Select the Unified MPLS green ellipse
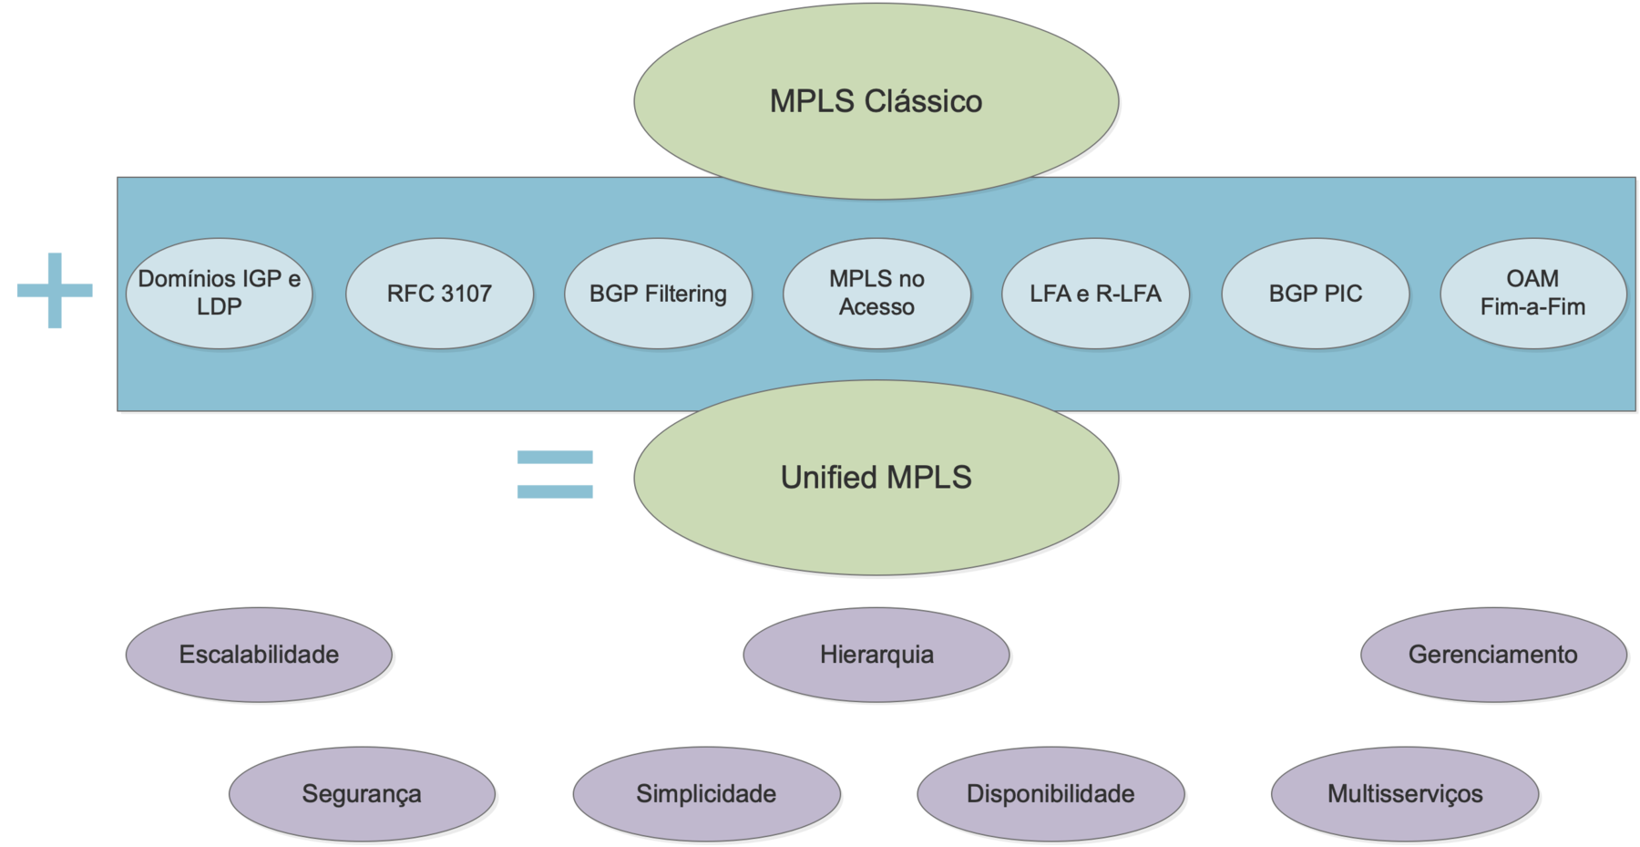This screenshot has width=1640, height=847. (x=876, y=477)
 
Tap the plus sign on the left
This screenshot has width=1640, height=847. (x=55, y=290)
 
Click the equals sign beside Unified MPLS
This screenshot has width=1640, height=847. (x=555, y=474)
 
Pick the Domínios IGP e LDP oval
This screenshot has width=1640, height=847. (x=219, y=293)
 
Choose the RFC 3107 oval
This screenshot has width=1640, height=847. (x=439, y=293)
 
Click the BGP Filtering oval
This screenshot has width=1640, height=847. (x=658, y=293)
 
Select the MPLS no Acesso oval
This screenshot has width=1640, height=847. (x=876, y=293)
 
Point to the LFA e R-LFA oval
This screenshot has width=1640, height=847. (x=1095, y=293)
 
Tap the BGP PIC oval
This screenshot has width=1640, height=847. (x=1315, y=293)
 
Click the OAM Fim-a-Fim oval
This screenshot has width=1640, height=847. (x=1532, y=293)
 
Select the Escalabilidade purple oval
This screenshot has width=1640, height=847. (x=259, y=654)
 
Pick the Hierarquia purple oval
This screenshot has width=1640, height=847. (x=876, y=654)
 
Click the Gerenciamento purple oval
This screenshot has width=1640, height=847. (x=1492, y=654)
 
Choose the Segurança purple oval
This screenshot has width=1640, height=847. (x=361, y=793)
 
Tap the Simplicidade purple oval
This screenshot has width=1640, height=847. (x=706, y=793)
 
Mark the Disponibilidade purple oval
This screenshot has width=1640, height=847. (x=1050, y=793)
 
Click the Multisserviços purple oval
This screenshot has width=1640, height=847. (x=1404, y=793)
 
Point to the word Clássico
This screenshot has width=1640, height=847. (x=923, y=100)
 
